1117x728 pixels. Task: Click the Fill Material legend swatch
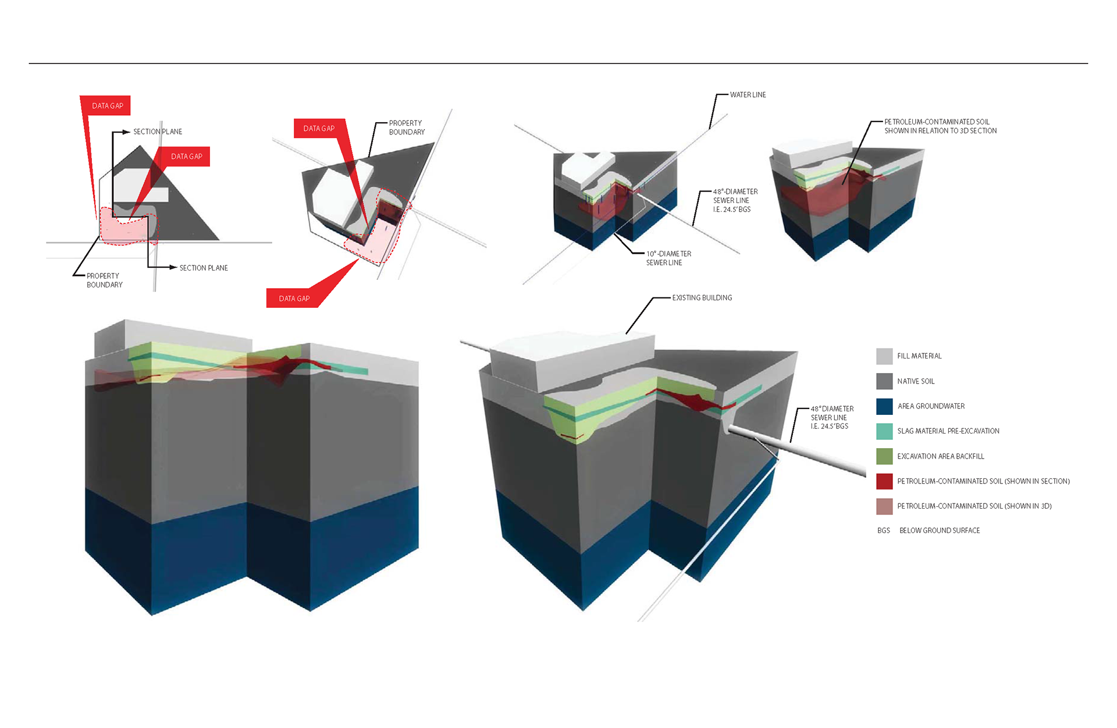(884, 356)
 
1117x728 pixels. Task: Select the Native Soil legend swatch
(884, 381)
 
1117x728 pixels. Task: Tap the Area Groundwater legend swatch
(884, 406)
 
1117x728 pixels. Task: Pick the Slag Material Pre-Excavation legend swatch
(884, 431)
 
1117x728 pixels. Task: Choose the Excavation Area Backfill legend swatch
(884, 456)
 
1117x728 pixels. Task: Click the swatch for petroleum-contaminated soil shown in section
(884, 481)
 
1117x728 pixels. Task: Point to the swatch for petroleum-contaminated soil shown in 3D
(884, 506)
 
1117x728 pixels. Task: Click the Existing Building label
(702, 298)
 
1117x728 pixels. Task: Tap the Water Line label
(748, 95)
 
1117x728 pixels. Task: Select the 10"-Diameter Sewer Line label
(668, 258)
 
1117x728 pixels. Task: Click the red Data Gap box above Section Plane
(108, 106)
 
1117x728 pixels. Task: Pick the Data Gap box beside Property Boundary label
(319, 129)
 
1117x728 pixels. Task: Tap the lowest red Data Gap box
(294, 299)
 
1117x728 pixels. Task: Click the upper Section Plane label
(158, 132)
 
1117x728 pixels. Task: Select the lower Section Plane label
(204, 268)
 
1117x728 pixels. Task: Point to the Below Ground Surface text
(940, 531)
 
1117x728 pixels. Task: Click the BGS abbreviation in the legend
(884, 531)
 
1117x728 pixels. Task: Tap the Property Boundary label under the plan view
(105, 280)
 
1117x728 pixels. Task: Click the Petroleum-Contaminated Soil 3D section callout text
(940, 126)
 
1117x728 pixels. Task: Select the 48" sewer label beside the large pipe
(832, 418)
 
